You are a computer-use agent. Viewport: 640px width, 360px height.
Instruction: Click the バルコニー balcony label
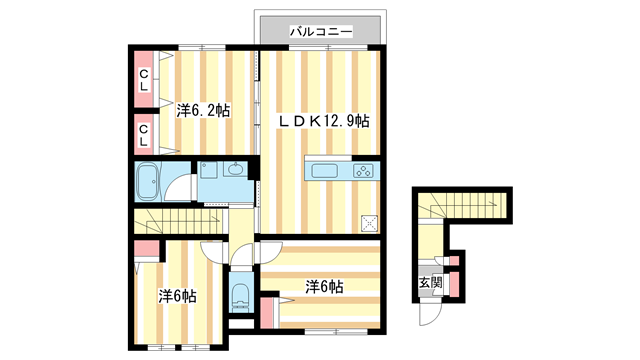pos(320,32)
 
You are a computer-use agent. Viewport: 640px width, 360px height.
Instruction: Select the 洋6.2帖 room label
pos(203,110)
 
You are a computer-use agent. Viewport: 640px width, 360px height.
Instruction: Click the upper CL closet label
pos(144,79)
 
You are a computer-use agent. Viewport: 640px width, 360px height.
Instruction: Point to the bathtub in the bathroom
pos(148,182)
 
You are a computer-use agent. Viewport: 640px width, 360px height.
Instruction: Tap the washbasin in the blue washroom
pos(236,169)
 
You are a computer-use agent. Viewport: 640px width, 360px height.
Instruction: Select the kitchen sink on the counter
pos(326,170)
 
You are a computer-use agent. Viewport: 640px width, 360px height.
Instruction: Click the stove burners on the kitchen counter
pos(361,170)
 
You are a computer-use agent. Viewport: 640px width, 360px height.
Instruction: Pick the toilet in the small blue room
pos(241,296)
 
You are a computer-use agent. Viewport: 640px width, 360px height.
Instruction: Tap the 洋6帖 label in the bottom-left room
pos(177,297)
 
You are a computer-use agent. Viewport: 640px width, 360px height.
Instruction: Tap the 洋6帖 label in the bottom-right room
pos(325,287)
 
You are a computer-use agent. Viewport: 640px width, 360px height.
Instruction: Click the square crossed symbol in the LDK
pos(371,223)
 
